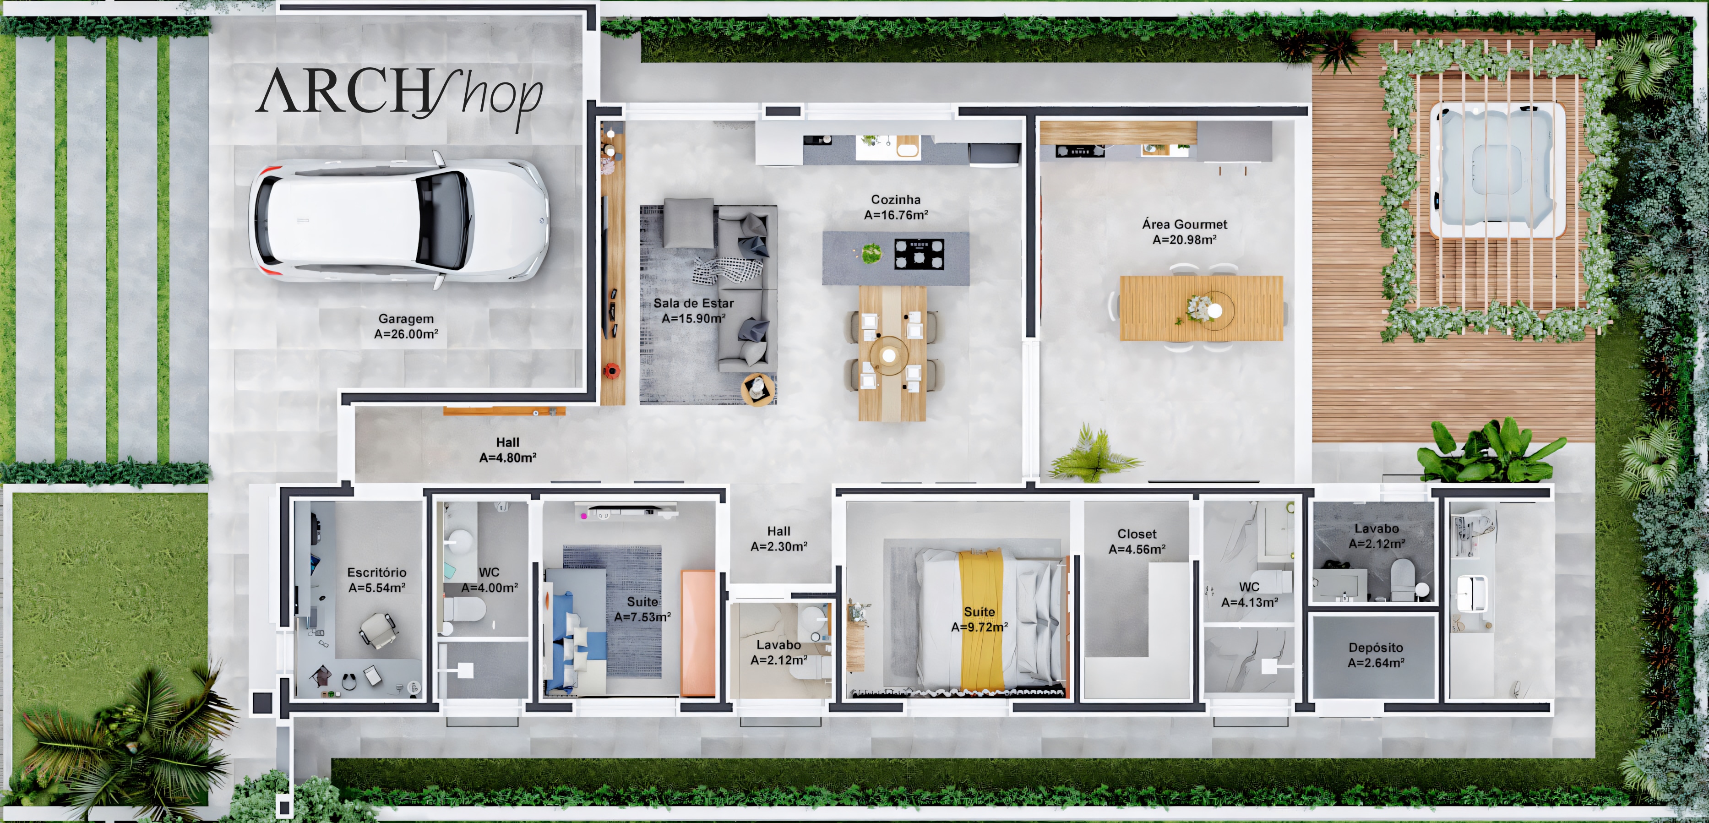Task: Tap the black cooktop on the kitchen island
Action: point(919,254)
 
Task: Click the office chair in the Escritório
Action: point(377,629)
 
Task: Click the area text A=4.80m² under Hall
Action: point(507,457)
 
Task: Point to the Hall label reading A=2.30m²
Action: point(779,539)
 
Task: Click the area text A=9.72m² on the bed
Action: point(979,627)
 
